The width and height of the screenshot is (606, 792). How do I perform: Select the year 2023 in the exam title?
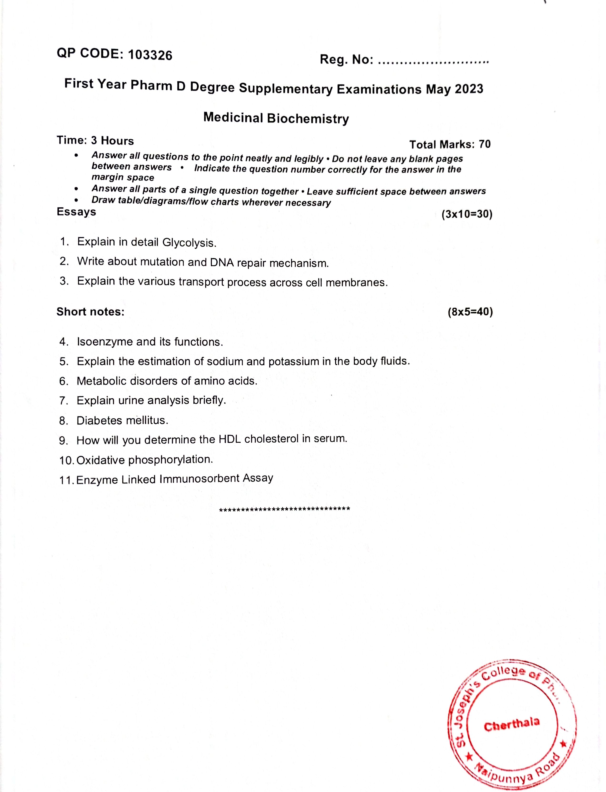pos(469,89)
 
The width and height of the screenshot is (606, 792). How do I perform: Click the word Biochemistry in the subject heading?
pos(308,119)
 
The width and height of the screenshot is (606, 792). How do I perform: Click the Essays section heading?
pos(76,212)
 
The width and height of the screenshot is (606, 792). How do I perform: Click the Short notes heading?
pos(90,312)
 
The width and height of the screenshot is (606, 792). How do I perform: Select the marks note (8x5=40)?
pos(470,312)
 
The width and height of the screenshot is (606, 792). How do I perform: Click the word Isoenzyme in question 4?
pos(104,342)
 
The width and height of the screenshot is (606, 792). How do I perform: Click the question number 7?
pos(64,401)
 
